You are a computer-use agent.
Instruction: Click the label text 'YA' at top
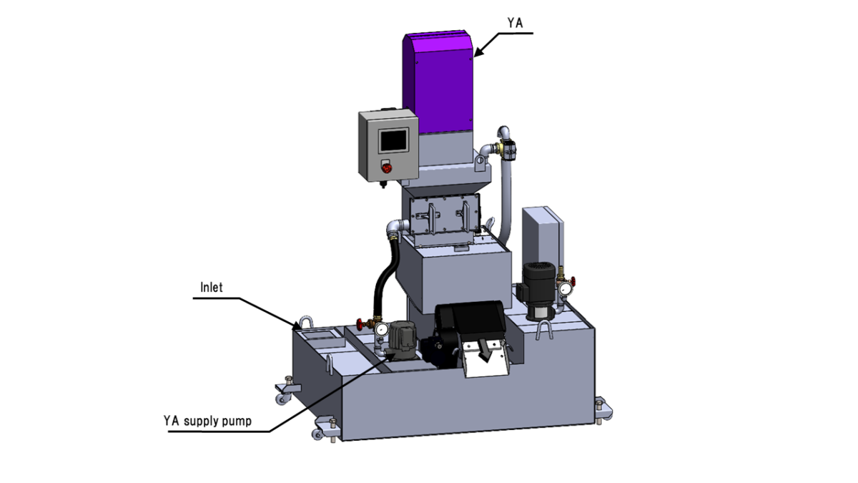(x=515, y=24)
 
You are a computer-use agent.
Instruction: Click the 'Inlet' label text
(x=211, y=288)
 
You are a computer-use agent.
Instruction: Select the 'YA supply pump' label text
(x=207, y=421)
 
